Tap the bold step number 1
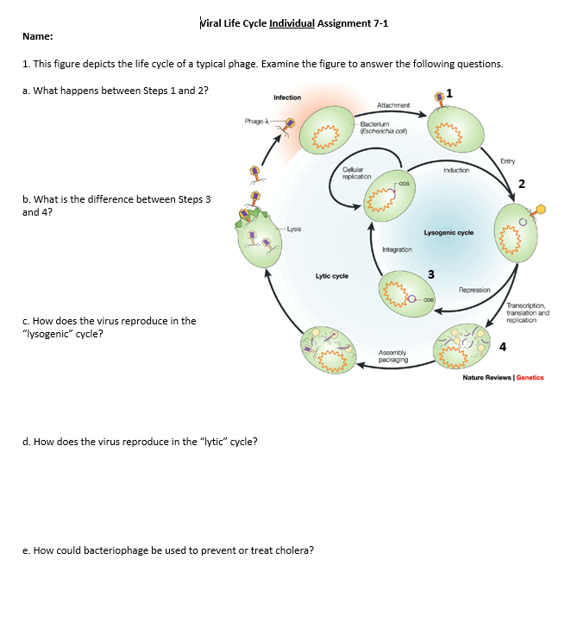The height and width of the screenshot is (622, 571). pyautogui.click(x=449, y=93)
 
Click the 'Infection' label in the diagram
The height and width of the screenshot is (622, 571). pyautogui.click(x=287, y=97)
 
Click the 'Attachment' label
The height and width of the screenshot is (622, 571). pyautogui.click(x=393, y=105)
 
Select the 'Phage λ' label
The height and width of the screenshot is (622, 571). pyautogui.click(x=258, y=122)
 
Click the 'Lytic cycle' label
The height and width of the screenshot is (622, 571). pyautogui.click(x=332, y=276)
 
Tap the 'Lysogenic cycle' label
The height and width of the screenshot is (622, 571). pyautogui.click(x=449, y=233)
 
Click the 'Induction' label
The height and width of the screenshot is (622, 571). pyautogui.click(x=456, y=170)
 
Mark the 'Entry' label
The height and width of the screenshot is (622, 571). pyautogui.click(x=509, y=160)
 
